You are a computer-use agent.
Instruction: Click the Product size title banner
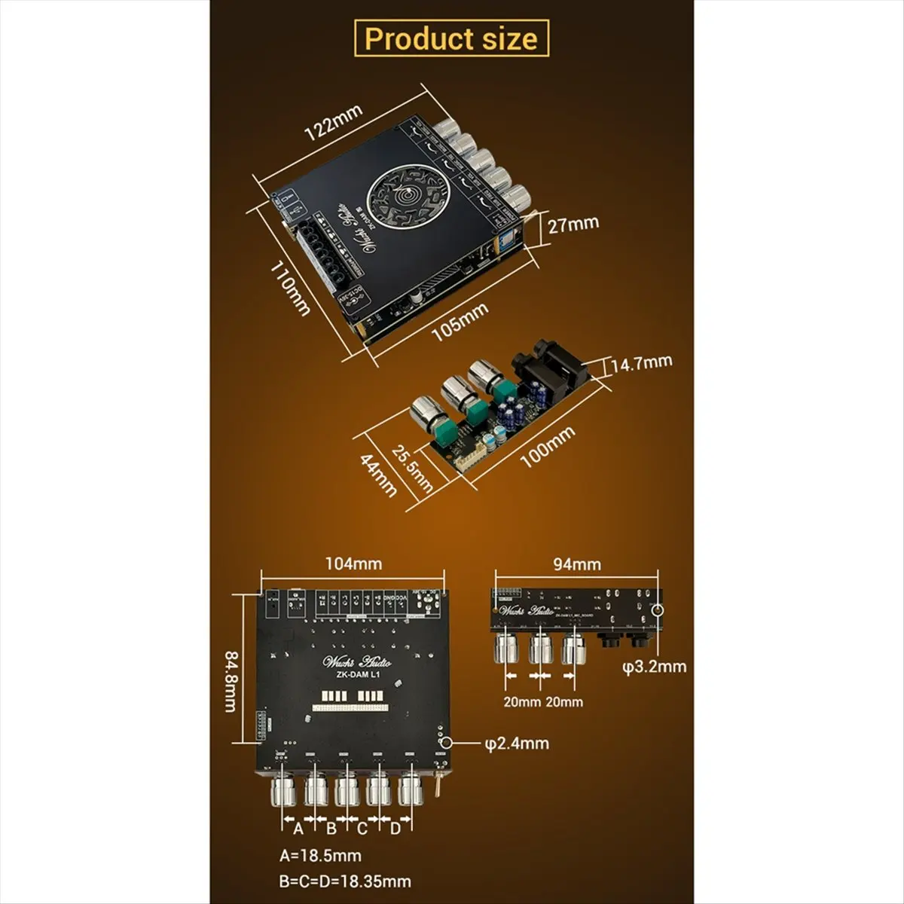tap(451, 38)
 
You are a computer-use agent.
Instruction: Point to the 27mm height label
tap(573, 224)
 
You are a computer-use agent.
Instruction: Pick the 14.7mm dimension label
tap(641, 364)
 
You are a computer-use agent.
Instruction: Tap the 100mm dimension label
tap(548, 447)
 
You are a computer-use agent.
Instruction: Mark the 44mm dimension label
tap(378, 475)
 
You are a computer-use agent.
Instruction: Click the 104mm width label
tap(353, 563)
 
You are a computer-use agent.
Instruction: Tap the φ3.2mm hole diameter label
tap(655, 666)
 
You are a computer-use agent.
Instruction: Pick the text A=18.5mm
tap(320, 855)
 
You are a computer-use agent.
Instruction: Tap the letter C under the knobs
tap(362, 829)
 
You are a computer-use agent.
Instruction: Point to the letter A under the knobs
tap(297, 829)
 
